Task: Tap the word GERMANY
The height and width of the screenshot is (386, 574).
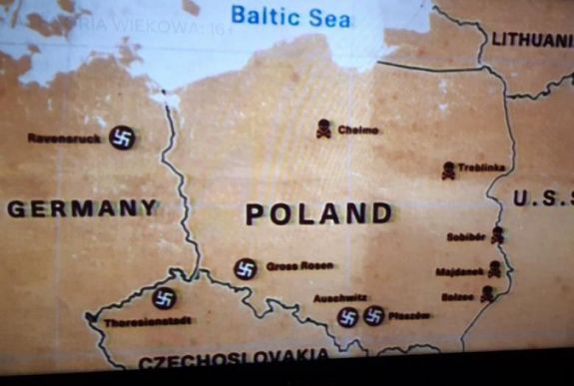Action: pyautogui.click(x=83, y=208)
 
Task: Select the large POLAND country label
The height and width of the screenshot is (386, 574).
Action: pyautogui.click(x=319, y=212)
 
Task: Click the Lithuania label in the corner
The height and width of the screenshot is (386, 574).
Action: pyautogui.click(x=531, y=40)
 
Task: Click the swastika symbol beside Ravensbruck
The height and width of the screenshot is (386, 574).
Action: pyautogui.click(x=122, y=138)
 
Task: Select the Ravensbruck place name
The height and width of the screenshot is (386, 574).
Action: pyautogui.click(x=64, y=139)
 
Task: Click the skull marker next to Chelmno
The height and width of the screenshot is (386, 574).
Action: pyautogui.click(x=323, y=129)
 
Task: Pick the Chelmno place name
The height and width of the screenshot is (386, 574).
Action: pyautogui.click(x=358, y=130)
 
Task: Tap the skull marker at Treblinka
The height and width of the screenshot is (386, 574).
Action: pyautogui.click(x=449, y=171)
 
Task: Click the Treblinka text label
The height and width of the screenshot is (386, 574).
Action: pyautogui.click(x=483, y=169)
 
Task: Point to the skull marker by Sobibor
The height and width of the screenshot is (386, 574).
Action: pyautogui.click(x=497, y=235)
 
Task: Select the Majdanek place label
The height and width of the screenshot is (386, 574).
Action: pyautogui.click(x=459, y=271)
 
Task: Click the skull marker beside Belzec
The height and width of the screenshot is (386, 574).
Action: pyautogui.click(x=487, y=293)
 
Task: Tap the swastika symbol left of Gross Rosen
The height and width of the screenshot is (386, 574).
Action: pyautogui.click(x=246, y=268)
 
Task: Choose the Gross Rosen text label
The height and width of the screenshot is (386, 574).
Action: pyautogui.click(x=299, y=266)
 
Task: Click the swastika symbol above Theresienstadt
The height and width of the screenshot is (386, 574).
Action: pyautogui.click(x=165, y=298)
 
